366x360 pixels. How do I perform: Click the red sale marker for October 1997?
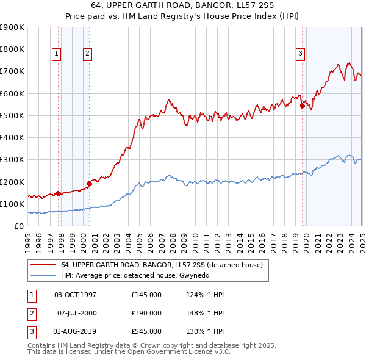(x=59, y=194)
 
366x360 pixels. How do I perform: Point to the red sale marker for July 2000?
(x=89, y=183)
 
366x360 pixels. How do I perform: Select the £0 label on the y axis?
(x=19, y=226)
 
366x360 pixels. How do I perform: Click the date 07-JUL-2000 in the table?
(x=76, y=313)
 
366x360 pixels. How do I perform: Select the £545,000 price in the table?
(x=146, y=331)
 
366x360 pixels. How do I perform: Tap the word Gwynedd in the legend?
(x=198, y=276)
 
